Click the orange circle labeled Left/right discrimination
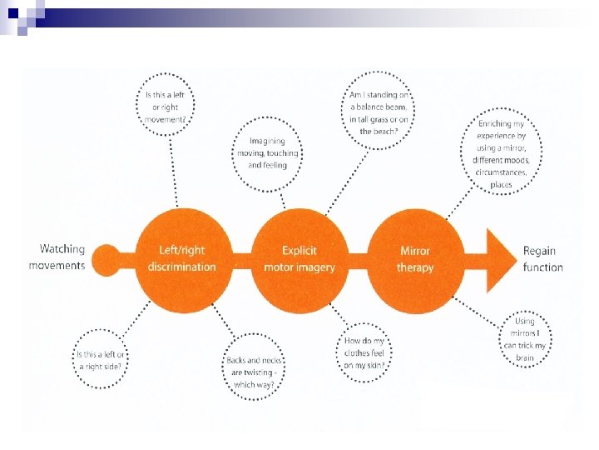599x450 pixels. (x=181, y=257)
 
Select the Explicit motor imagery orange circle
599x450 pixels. (x=299, y=257)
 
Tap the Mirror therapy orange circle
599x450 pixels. (x=416, y=257)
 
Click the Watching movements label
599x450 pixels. (x=57, y=257)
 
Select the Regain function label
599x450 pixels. (x=543, y=258)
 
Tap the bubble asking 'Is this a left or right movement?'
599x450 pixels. (x=168, y=107)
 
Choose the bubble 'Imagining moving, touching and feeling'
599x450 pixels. (x=268, y=153)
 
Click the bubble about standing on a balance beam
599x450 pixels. (x=379, y=112)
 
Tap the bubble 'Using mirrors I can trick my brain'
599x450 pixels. (x=525, y=339)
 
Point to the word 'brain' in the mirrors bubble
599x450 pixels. (x=525, y=357)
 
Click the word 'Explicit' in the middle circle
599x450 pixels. (x=299, y=250)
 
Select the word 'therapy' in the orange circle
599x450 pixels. (x=415, y=267)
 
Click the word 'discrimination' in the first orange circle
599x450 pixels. (x=181, y=267)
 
